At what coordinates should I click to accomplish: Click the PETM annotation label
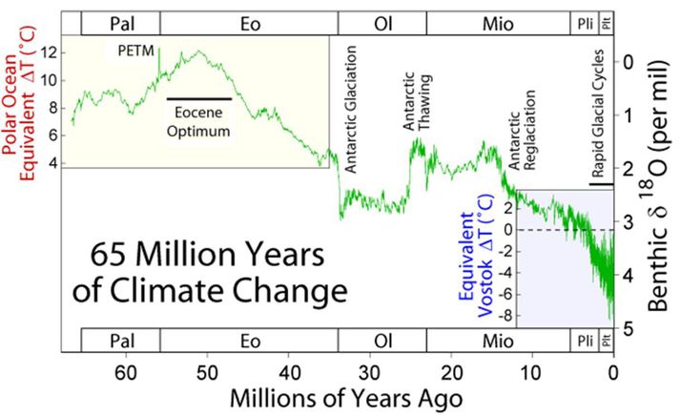click(x=137, y=49)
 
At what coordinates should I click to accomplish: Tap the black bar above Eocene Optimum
click(x=199, y=98)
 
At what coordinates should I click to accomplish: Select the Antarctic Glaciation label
click(x=351, y=124)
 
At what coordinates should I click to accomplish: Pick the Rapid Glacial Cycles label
click(x=599, y=114)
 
